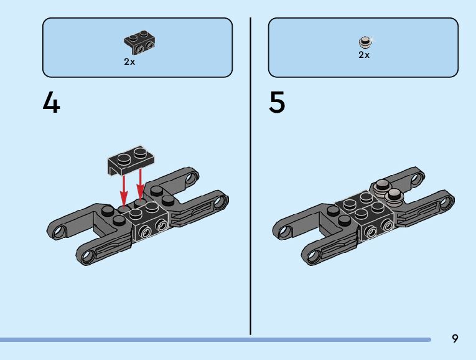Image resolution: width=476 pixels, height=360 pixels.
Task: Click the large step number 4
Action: click(51, 103)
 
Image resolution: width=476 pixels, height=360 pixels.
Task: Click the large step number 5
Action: click(277, 103)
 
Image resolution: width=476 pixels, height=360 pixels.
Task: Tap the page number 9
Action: click(455, 339)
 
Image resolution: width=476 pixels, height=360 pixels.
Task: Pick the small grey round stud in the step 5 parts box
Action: click(365, 42)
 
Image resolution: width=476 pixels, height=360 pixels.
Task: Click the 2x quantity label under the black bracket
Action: click(129, 62)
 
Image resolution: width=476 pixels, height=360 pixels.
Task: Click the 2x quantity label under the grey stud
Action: click(364, 55)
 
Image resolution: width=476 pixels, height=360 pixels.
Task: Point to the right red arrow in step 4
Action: click(141, 182)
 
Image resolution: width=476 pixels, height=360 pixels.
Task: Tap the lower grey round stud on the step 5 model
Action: click(394, 197)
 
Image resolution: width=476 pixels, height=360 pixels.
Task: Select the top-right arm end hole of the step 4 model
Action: click(190, 179)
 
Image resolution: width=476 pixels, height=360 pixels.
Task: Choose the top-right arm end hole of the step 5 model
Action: click(416, 179)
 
